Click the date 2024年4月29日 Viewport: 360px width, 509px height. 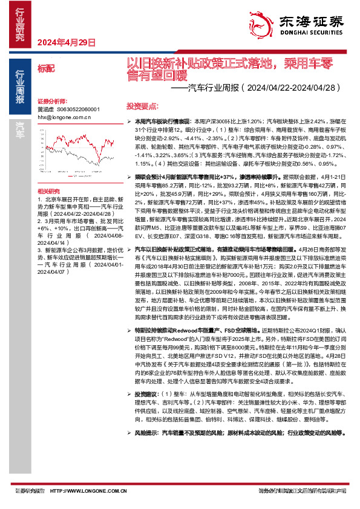pyautogui.click(x=67, y=43)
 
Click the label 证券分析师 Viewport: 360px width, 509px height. pyautogui.click(x=51, y=102)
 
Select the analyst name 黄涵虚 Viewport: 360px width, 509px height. pyautogui.click(x=46, y=109)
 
